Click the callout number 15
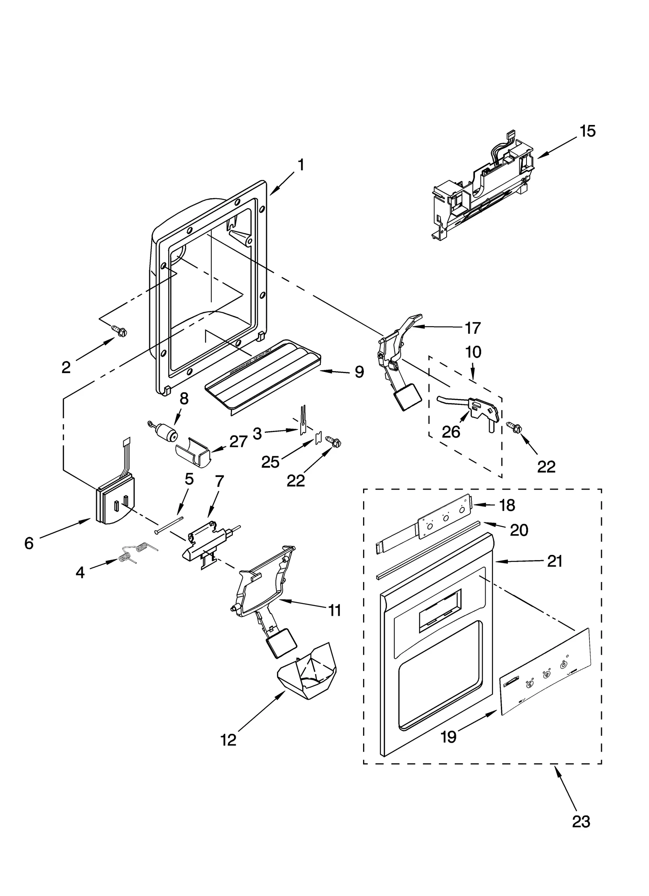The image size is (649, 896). (x=587, y=131)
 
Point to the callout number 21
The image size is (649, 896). (x=554, y=561)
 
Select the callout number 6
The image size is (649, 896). (x=29, y=543)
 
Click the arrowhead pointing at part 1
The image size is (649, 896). (x=271, y=192)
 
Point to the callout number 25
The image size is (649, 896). (x=271, y=462)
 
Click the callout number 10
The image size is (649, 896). (x=473, y=352)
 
